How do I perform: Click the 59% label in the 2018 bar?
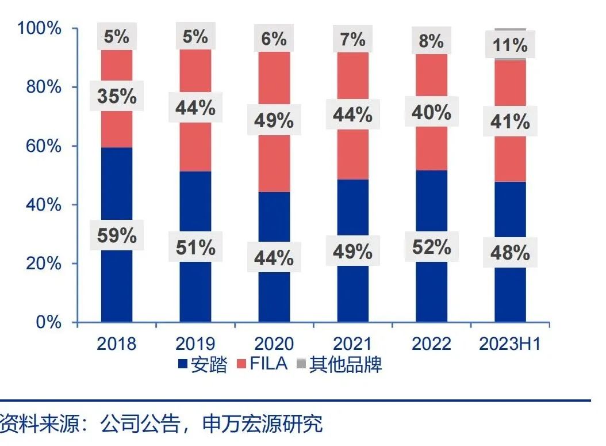117,236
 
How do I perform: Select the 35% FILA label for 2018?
117,96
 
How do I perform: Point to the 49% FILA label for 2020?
274,121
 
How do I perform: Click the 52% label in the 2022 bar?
431,247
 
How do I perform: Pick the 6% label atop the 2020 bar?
274,39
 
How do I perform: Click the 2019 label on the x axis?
195,344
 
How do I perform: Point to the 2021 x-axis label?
352,344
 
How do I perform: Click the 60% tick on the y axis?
43,146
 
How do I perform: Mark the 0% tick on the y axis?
47,322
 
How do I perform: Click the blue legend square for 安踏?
183,364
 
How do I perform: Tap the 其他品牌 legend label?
345,364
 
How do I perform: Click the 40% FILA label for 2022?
431,112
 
